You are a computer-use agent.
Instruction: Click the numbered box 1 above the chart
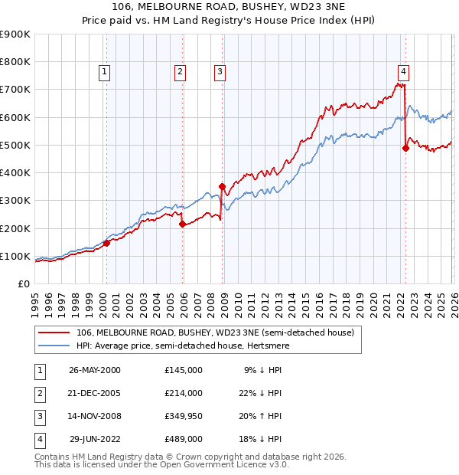click(104, 72)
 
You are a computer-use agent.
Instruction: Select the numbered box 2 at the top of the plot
click(180, 72)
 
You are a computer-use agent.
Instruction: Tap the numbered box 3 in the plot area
click(220, 72)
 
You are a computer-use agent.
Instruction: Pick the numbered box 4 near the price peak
click(403, 72)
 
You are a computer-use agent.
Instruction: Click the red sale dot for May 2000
click(107, 243)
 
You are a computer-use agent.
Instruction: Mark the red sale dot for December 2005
click(182, 224)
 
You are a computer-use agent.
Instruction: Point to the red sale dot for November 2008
click(222, 186)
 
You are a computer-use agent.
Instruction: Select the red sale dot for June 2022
click(405, 149)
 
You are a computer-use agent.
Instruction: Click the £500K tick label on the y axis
click(15, 145)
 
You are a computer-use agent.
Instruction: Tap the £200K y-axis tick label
click(15, 228)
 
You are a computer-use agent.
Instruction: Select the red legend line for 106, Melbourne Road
click(54, 333)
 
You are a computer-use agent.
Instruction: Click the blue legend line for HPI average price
click(54, 346)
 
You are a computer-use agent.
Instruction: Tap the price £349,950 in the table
click(183, 416)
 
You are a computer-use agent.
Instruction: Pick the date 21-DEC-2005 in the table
click(95, 393)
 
